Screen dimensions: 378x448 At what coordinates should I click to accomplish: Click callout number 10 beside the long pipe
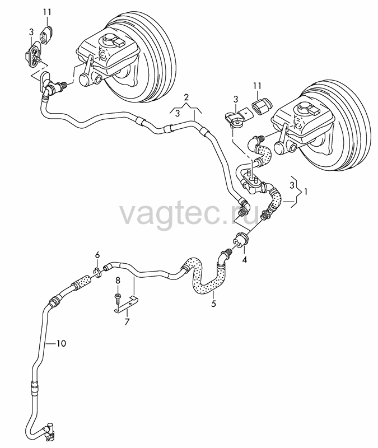pyautogui.click(x=61, y=343)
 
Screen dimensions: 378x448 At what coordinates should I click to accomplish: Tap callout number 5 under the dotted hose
pyautogui.click(x=213, y=304)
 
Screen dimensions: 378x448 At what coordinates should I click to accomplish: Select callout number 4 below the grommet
pyautogui.click(x=244, y=260)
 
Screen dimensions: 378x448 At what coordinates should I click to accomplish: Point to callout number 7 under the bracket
pyautogui.click(x=127, y=321)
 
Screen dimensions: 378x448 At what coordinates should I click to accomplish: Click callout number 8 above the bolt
pyautogui.click(x=118, y=281)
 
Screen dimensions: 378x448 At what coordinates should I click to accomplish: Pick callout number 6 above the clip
pyautogui.click(x=97, y=255)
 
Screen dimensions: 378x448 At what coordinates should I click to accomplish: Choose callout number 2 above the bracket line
pyautogui.click(x=186, y=97)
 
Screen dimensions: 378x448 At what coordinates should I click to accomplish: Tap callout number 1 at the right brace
pyautogui.click(x=305, y=192)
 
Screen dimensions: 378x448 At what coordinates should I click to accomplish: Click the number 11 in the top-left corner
pyautogui.click(x=47, y=12)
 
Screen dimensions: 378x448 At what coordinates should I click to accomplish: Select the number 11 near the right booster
pyautogui.click(x=257, y=86)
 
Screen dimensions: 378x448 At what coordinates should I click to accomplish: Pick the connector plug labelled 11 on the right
pyautogui.click(x=262, y=106)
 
